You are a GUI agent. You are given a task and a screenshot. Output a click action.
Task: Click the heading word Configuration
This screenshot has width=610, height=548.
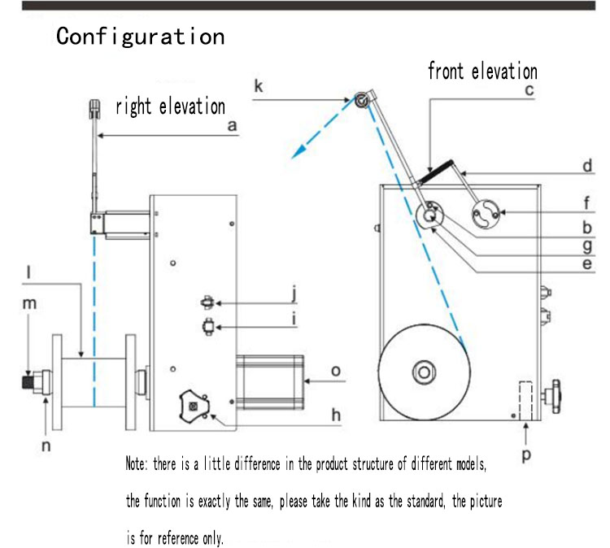pyautogui.click(x=140, y=37)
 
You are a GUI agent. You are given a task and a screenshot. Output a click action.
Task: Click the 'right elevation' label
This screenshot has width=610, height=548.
pyautogui.click(x=170, y=106)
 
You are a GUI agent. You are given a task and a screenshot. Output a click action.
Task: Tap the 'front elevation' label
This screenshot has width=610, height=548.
pyautogui.click(x=482, y=72)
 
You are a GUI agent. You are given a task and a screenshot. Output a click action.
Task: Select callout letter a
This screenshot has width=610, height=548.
pyautogui.click(x=232, y=126)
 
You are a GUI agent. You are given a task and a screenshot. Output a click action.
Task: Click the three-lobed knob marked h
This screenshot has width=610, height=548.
pyautogui.click(x=194, y=404)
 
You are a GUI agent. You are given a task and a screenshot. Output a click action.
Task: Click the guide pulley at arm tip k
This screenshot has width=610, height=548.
pyautogui.click(x=359, y=100)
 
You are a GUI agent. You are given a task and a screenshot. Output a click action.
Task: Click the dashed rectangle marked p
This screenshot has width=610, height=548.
pyautogui.click(x=525, y=402)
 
